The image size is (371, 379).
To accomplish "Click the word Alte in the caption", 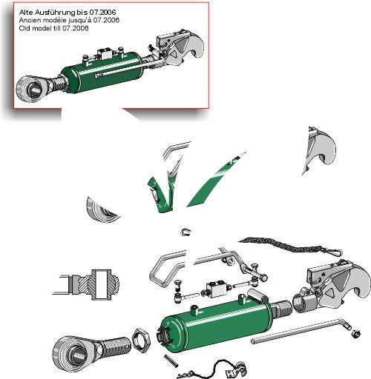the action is [x=26, y=12].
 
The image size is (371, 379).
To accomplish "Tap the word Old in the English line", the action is [x=24, y=28].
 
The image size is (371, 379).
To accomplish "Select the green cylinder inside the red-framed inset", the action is [x=102, y=72].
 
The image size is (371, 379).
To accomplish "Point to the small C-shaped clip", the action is [x=185, y=232].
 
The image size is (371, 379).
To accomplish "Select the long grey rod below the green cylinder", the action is [x=301, y=331].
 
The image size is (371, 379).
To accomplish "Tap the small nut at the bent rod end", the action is [x=355, y=334].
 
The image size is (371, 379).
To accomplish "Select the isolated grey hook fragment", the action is [x=319, y=150].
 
